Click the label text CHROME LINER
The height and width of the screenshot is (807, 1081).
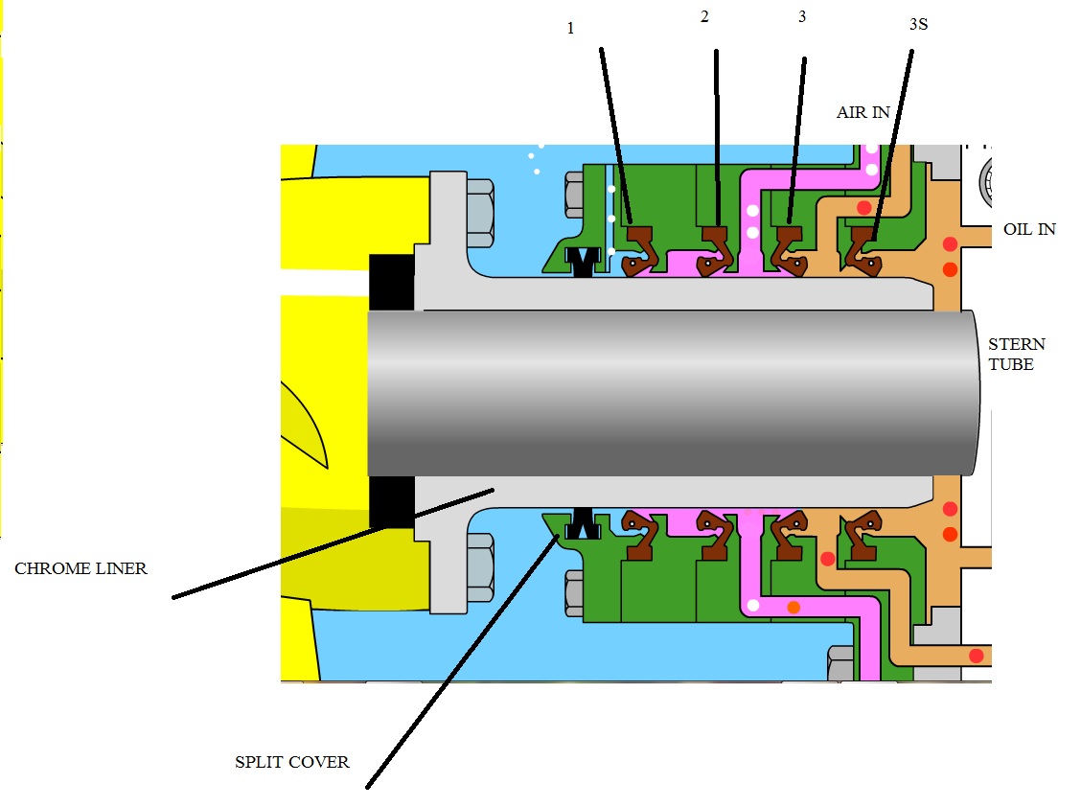(x=80, y=568)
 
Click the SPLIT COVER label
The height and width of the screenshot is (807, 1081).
(x=292, y=763)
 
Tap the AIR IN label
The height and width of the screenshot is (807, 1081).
(x=862, y=112)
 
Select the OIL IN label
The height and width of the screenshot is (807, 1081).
(x=1029, y=229)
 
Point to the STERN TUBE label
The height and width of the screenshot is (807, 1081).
(x=1017, y=354)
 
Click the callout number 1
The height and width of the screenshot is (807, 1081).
(x=570, y=28)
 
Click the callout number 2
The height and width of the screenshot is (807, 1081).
(x=704, y=18)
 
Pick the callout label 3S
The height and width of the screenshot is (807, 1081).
(x=918, y=24)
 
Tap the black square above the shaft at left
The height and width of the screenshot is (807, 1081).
(x=391, y=282)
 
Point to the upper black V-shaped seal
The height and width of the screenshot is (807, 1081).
(x=582, y=260)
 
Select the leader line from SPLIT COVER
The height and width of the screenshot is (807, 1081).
(x=460, y=661)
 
